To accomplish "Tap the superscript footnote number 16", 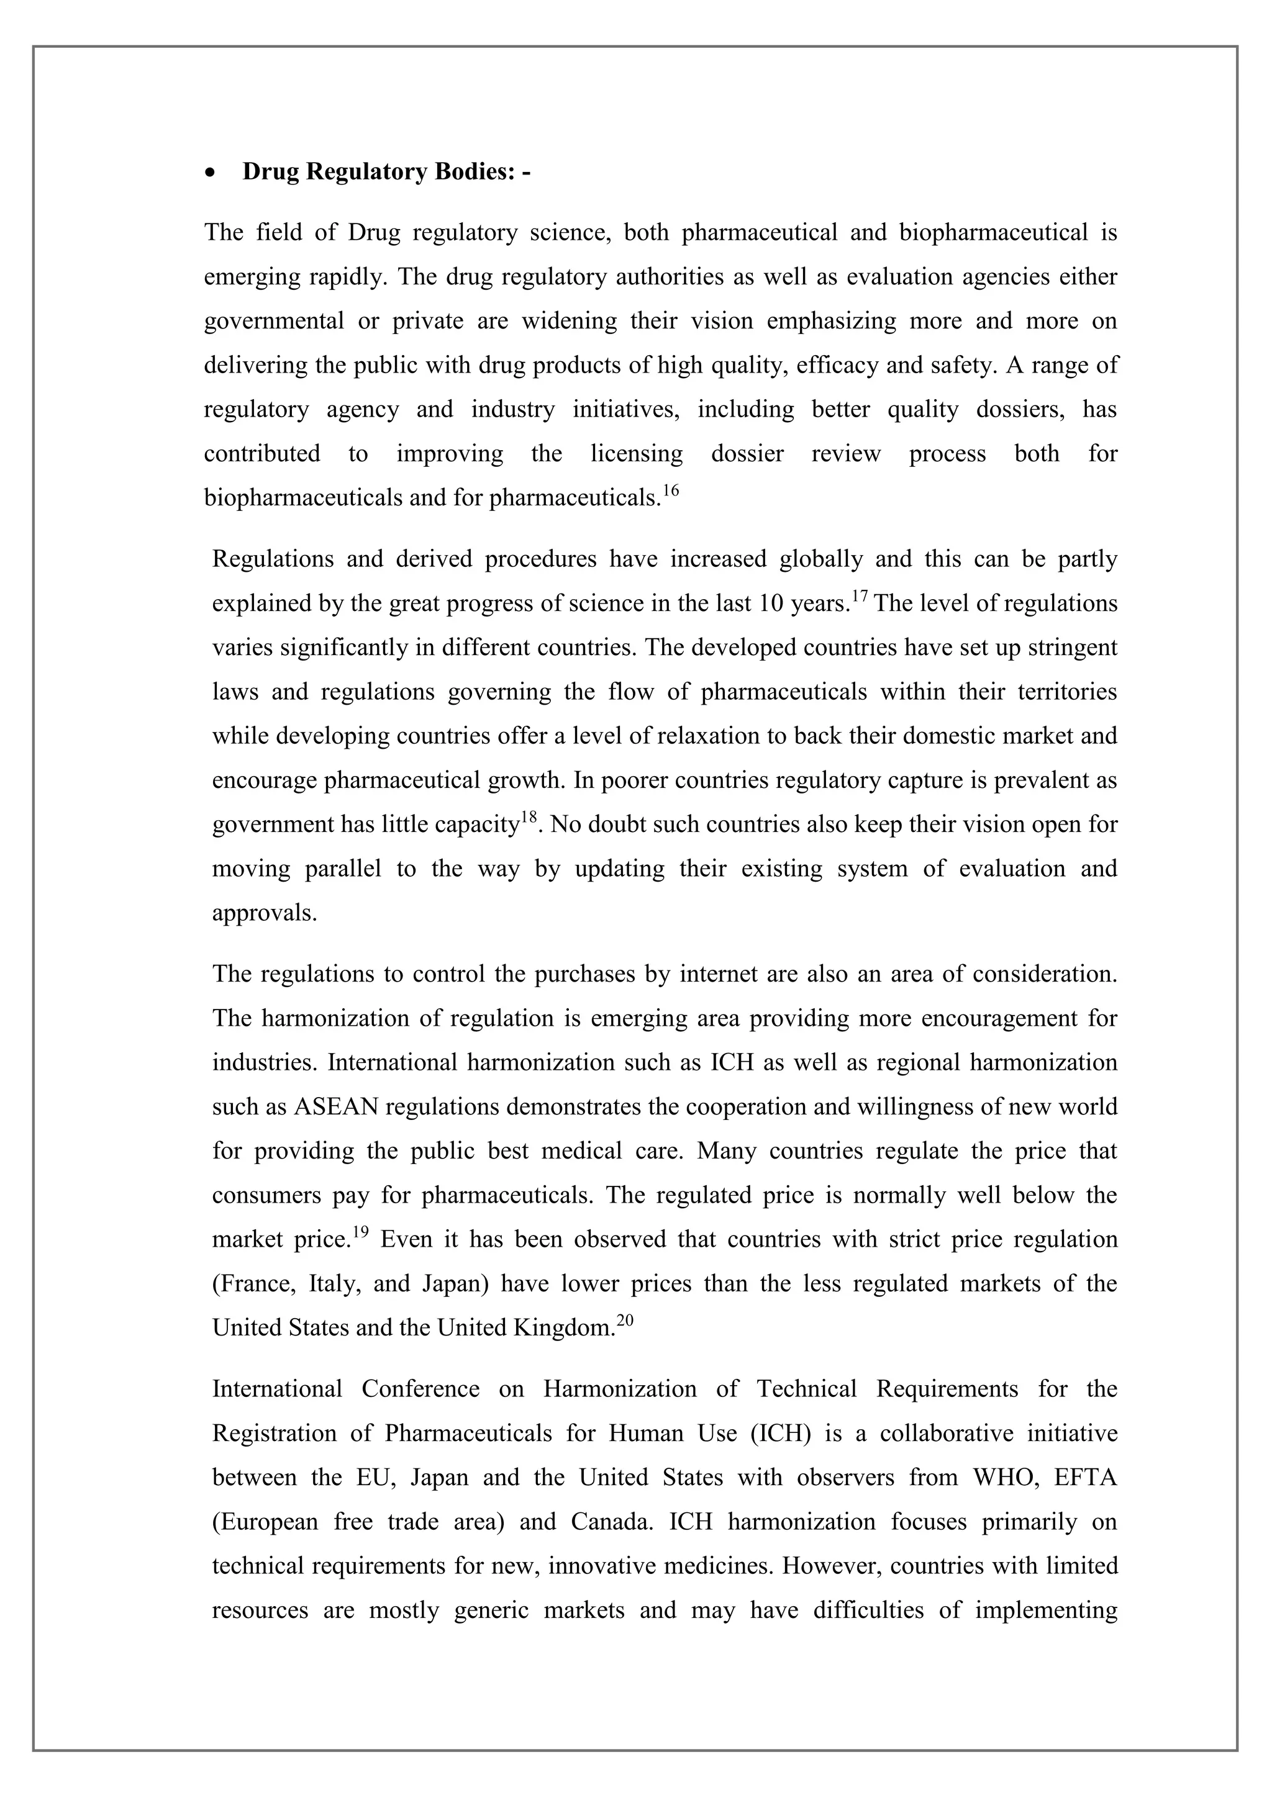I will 670,491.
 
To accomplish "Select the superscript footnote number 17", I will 859,597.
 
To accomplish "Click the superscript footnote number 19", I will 360,1232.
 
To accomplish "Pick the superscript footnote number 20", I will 624,1321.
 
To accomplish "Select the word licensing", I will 636,453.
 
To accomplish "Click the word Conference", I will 420,1388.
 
